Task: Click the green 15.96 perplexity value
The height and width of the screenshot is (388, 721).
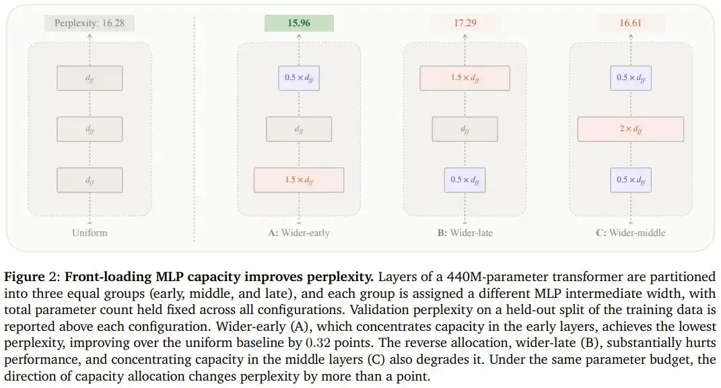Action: click(299, 23)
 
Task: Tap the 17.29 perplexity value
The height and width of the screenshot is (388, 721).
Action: click(465, 23)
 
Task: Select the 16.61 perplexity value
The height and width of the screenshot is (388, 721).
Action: click(630, 23)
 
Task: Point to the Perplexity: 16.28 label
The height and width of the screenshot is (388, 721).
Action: click(90, 23)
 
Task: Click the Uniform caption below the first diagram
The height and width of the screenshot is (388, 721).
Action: click(90, 233)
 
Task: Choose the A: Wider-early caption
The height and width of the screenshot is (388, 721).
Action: click(299, 233)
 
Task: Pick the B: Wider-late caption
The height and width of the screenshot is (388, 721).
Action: click(465, 233)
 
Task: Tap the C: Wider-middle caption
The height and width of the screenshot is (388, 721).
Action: click(630, 233)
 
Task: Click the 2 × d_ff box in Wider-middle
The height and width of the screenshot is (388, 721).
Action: click(630, 129)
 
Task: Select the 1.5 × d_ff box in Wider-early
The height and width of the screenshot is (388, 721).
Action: click(299, 180)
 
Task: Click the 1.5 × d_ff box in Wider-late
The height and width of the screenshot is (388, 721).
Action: click(465, 78)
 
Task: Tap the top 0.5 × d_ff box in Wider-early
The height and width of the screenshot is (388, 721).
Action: click(299, 78)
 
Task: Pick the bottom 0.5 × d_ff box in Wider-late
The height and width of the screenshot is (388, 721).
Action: click(465, 180)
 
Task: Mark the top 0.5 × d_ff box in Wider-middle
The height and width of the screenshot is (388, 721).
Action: click(630, 78)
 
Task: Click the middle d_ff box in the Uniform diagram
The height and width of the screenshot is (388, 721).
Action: click(90, 129)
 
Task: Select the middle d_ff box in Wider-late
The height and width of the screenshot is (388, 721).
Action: click(465, 129)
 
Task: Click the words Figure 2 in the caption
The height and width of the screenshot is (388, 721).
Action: click(30, 277)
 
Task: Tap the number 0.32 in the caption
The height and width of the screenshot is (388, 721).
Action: click(318, 343)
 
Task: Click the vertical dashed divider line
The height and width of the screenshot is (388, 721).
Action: click(194, 128)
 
